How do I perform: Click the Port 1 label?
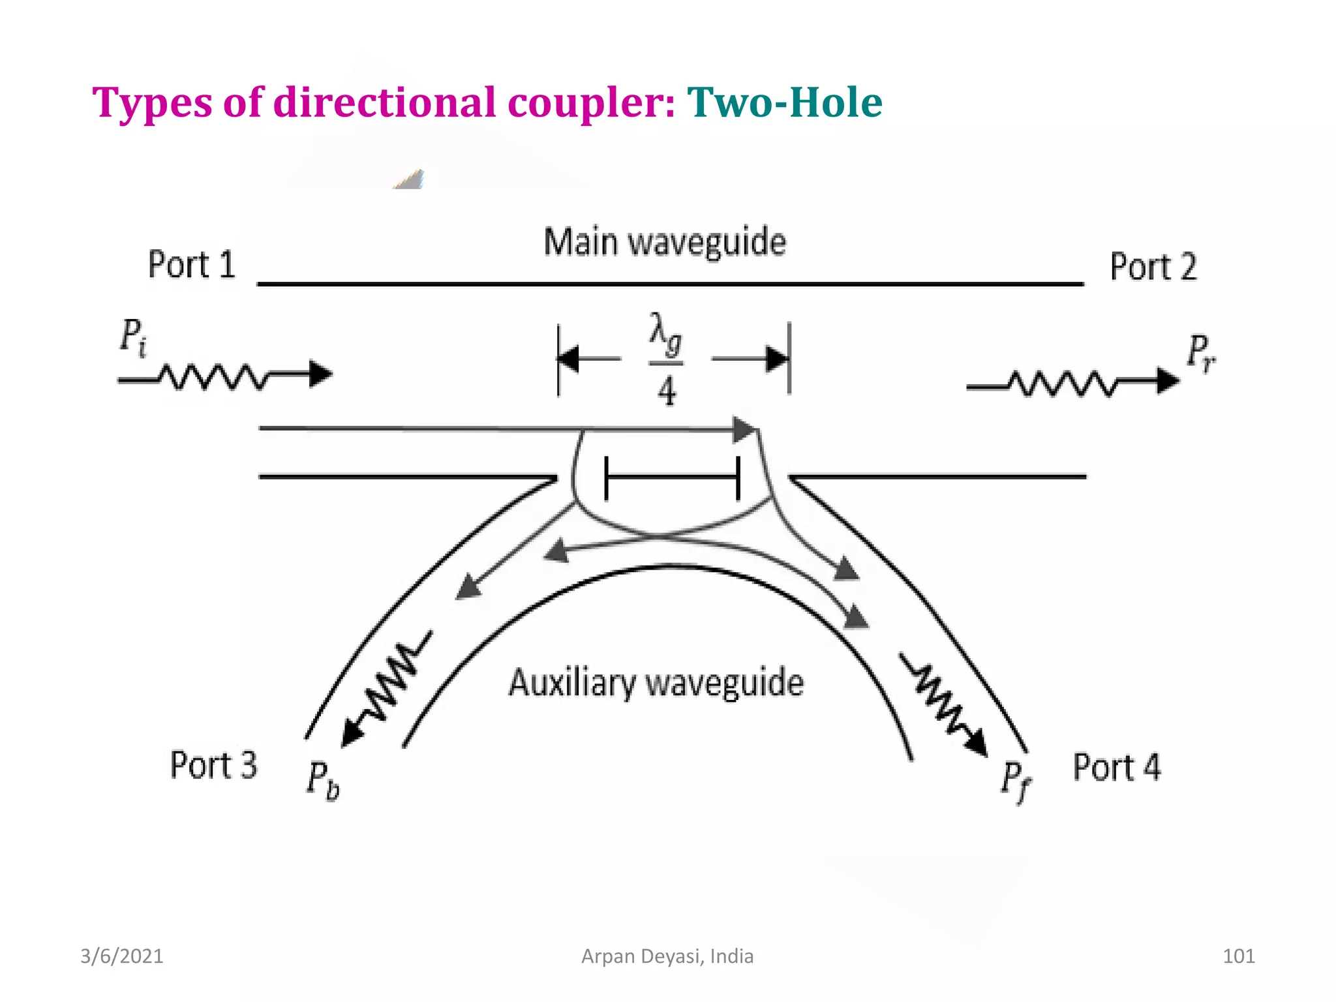(x=191, y=264)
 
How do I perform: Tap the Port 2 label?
(x=1153, y=267)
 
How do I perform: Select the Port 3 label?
(x=213, y=765)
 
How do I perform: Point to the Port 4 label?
(x=1117, y=767)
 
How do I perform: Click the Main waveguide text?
(x=665, y=242)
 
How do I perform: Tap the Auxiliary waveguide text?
(x=656, y=683)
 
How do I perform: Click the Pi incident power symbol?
(x=133, y=337)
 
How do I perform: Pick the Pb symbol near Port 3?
(x=323, y=780)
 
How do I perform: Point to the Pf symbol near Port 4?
(x=1015, y=781)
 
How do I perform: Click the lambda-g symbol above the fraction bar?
(x=665, y=334)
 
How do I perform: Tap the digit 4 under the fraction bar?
(x=666, y=391)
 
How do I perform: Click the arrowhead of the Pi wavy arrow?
(x=321, y=374)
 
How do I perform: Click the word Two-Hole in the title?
(x=784, y=102)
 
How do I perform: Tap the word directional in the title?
(x=384, y=102)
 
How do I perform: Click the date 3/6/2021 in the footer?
(x=121, y=956)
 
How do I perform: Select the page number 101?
(x=1238, y=956)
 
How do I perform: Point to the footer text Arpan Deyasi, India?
(x=667, y=956)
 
